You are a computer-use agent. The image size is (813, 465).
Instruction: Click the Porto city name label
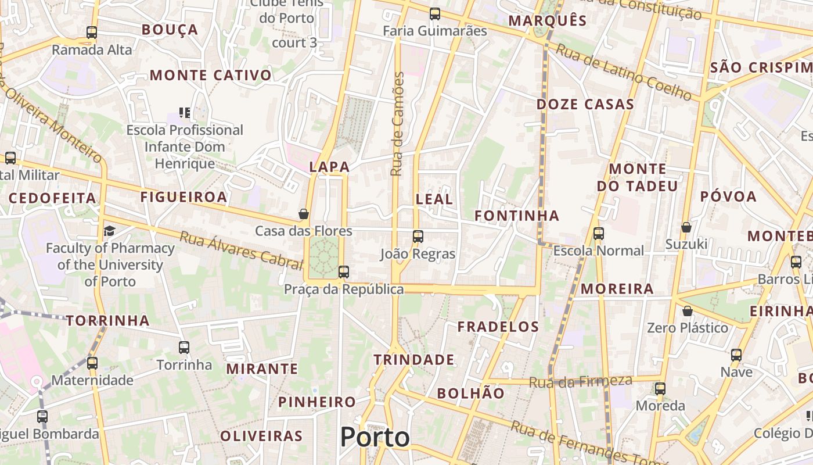click(375, 437)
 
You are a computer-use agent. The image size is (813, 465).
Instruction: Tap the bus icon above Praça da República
click(344, 271)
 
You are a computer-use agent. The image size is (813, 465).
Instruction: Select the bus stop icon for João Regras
click(418, 236)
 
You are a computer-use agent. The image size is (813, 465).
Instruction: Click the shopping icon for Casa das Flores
click(303, 214)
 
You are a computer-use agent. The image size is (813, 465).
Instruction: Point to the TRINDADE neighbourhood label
click(414, 360)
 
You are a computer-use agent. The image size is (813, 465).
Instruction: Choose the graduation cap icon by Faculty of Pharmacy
click(109, 231)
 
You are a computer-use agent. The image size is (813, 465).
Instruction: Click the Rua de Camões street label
click(397, 124)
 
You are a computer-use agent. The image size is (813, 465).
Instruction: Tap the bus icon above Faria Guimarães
click(434, 14)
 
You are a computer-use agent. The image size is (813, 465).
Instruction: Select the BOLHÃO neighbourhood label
click(471, 394)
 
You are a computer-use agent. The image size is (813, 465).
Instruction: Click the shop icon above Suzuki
click(686, 227)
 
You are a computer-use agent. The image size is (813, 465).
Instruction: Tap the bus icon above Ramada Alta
click(92, 33)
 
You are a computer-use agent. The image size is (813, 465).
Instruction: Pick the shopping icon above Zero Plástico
click(688, 311)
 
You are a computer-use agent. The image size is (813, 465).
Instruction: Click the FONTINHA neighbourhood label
click(517, 216)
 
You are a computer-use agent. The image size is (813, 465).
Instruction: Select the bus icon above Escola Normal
click(599, 234)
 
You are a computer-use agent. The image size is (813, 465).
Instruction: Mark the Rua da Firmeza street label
click(580, 381)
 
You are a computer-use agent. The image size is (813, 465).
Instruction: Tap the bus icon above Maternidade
click(92, 363)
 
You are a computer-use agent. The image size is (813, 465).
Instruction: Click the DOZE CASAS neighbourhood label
click(585, 105)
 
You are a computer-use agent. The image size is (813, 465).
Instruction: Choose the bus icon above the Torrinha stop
click(184, 348)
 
